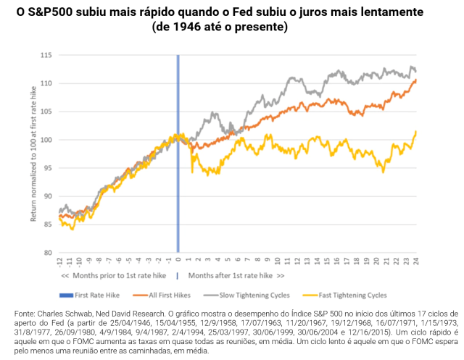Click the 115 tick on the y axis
point(47,55)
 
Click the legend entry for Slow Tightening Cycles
point(247,295)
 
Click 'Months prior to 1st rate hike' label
point(115,276)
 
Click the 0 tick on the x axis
point(178,261)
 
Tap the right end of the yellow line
point(416,131)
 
